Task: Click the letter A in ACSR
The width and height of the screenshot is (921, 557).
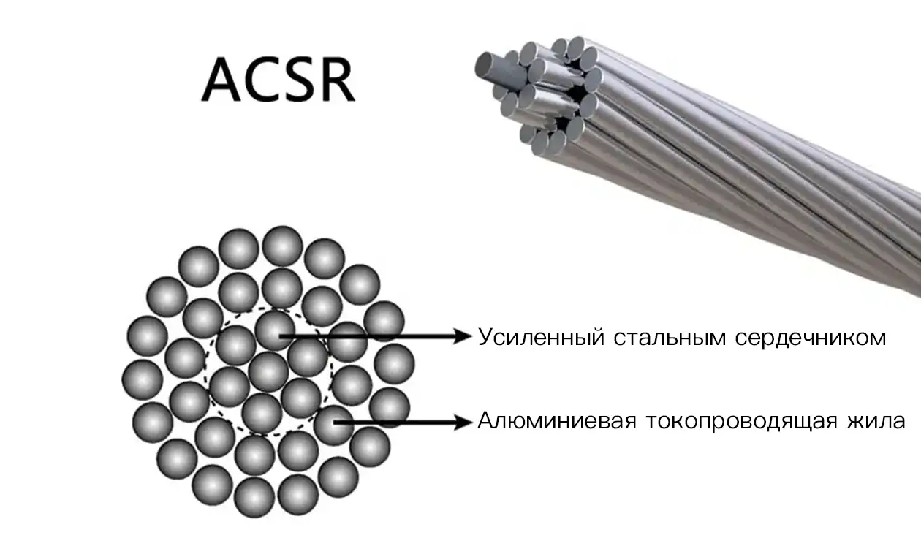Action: (x=221, y=80)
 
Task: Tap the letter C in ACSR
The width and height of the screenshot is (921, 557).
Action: (x=262, y=80)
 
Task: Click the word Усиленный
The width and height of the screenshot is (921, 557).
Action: (x=541, y=338)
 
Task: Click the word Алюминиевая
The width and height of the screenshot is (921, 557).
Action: (x=557, y=421)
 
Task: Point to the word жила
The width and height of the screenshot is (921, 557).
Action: (x=876, y=422)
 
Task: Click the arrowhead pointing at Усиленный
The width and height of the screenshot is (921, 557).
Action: (x=462, y=336)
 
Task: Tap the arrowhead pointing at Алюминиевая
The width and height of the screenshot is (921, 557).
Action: (x=463, y=423)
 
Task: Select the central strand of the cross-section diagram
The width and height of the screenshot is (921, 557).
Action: (x=268, y=372)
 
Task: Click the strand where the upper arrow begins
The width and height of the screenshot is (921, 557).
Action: (x=275, y=330)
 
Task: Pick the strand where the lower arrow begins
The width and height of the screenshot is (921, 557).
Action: (x=333, y=425)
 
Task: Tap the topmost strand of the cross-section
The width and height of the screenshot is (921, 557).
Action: (x=282, y=246)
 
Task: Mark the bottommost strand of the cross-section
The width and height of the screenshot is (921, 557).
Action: (x=254, y=497)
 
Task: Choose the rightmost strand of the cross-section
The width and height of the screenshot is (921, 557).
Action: (x=394, y=364)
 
